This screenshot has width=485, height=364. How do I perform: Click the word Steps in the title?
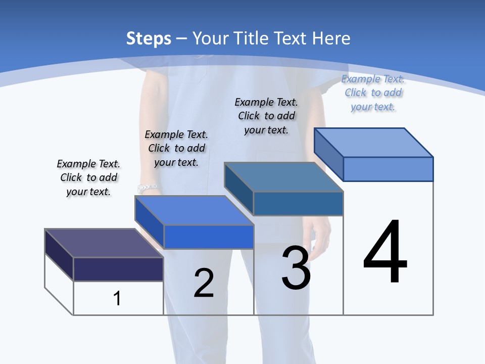(149, 38)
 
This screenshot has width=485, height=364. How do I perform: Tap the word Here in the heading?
(331, 38)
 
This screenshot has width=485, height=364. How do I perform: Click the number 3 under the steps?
(296, 268)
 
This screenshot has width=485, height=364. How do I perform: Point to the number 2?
(204, 283)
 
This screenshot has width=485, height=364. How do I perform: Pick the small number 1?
(117, 298)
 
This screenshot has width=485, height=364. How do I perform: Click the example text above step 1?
(88, 177)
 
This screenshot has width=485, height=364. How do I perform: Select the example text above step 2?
(176, 148)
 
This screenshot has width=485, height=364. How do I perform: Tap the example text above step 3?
(266, 116)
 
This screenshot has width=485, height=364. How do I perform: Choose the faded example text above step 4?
(373, 93)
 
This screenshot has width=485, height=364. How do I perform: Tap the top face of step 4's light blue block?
(374, 143)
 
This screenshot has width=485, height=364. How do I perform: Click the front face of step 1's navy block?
(118, 269)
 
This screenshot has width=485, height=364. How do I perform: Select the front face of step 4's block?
(388, 169)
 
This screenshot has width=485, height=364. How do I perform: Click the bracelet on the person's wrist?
(147, 188)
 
